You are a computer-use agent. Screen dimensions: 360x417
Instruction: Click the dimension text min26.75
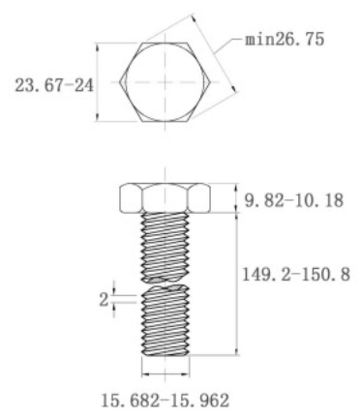pyautogui.click(x=285, y=40)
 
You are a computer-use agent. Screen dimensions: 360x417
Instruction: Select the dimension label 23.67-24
pyautogui.click(x=54, y=86)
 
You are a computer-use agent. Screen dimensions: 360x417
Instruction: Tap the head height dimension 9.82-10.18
pyautogui.click(x=293, y=200)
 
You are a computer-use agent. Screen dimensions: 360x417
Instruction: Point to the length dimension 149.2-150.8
pyautogui.click(x=296, y=275)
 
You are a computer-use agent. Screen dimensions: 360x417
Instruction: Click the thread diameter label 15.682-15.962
pyautogui.click(x=165, y=401)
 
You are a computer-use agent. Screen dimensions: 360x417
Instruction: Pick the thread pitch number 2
pyautogui.click(x=104, y=300)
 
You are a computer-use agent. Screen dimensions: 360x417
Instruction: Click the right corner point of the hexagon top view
pyautogui.click(x=211, y=82)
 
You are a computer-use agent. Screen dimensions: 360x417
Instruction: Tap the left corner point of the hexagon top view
pyautogui.click(x=119, y=82)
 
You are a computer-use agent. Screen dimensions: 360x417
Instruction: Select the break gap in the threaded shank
pyautogui.click(x=165, y=283)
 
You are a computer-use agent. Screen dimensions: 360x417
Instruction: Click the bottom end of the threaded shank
pyautogui.click(x=165, y=355)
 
